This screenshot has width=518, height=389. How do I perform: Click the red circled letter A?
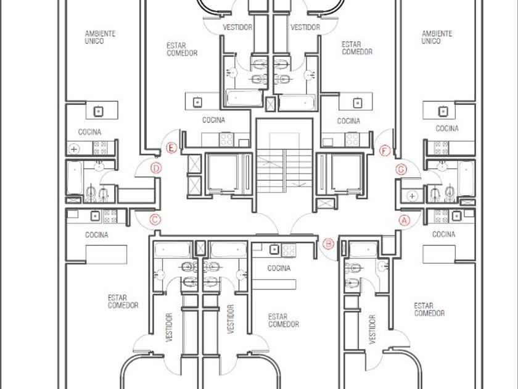point(405,220)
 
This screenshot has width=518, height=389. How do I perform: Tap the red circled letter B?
point(328,244)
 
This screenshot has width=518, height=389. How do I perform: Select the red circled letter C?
point(155,220)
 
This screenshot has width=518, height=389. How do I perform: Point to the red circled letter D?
point(156,169)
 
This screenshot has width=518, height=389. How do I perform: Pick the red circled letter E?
point(171,148)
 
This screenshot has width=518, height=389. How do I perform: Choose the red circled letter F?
point(385,151)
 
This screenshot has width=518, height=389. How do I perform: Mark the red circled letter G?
point(401,169)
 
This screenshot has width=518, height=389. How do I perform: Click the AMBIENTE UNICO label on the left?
point(100,38)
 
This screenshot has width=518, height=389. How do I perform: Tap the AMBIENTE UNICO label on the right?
point(437,38)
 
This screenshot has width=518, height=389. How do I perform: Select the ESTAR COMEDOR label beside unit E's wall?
point(182,49)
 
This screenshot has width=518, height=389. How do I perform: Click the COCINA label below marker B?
point(279,268)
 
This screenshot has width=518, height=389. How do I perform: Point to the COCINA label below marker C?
point(96,235)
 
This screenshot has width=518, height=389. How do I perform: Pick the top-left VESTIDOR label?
point(237,27)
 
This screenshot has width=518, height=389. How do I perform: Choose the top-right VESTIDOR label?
point(305,27)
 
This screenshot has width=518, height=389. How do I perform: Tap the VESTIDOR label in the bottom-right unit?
point(372,330)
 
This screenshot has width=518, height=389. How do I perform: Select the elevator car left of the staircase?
point(223,172)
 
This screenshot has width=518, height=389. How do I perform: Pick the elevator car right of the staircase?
point(346,172)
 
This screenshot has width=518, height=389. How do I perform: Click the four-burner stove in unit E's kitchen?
point(227,140)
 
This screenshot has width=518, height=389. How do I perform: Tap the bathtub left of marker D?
point(75,178)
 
